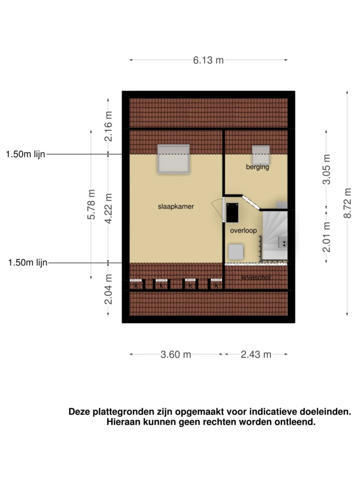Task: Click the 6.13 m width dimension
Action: tap(208, 60)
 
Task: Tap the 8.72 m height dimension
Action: tap(347, 203)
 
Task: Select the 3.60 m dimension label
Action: tap(176, 354)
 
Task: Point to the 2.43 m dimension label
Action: tap(256, 354)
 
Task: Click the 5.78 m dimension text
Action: tap(91, 204)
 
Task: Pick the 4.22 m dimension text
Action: tap(108, 208)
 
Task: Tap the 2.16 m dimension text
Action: tap(108, 126)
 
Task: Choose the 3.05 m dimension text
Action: tap(326, 169)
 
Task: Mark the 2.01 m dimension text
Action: tap(326, 237)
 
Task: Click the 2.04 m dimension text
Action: tap(108, 289)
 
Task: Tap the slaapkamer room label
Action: tap(176, 206)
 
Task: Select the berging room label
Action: tap(257, 167)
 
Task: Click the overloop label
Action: tap(243, 231)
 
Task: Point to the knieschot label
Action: tap(256, 278)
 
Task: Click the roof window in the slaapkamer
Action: tap(173, 159)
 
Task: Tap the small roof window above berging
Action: tap(261, 155)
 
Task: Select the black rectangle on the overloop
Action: tap(232, 213)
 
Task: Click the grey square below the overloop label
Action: tap(236, 252)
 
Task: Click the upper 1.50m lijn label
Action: tap(25, 154)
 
